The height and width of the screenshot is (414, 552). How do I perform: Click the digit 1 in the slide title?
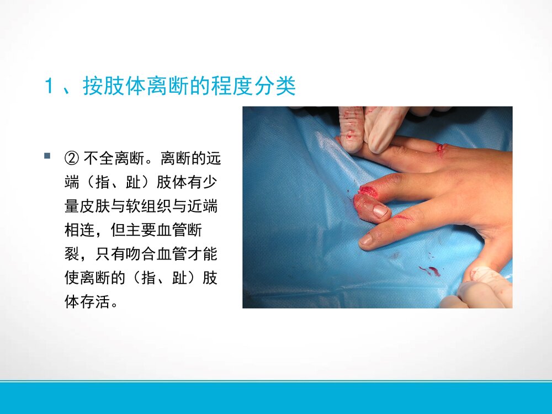coord(50,87)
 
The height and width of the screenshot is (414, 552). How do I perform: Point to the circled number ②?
coord(72,160)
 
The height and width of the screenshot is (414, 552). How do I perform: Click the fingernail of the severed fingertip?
coord(380,210)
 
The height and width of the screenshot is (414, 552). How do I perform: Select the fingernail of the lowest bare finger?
coord(366,240)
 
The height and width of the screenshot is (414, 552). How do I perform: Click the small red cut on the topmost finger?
coord(440,148)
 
